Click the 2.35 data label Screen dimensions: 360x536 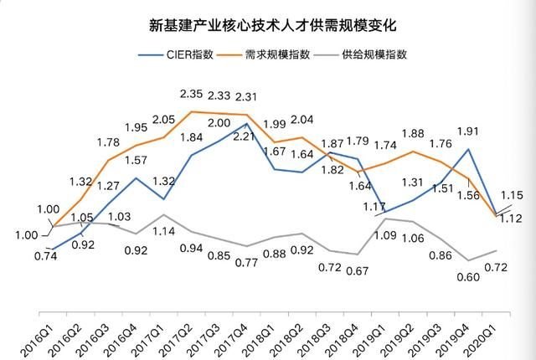(193, 93)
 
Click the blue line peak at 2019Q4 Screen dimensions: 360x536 (466, 149)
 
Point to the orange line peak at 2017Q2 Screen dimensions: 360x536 (193, 111)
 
